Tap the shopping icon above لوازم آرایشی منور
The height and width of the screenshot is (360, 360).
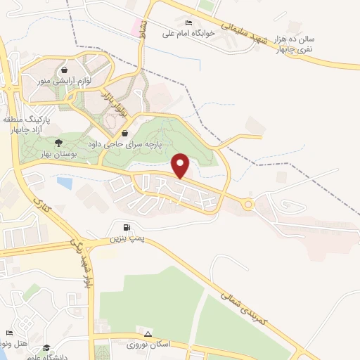click(65, 70)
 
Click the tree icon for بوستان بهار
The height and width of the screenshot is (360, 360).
click(58, 141)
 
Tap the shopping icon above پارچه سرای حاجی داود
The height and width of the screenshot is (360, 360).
click(124, 133)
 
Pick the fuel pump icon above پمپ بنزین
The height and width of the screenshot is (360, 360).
click(127, 227)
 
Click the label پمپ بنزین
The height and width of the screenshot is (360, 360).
click(127, 239)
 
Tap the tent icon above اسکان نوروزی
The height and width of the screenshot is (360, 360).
click(148, 333)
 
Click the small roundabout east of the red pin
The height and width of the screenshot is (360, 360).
click(247, 204)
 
